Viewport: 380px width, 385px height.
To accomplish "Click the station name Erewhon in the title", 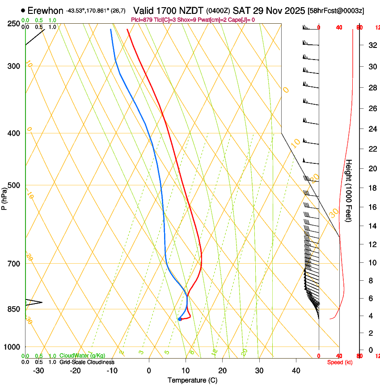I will [x=46, y=10].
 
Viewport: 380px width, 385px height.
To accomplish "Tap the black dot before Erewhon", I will [x=23, y=10].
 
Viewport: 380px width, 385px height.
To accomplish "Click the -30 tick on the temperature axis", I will [x=38, y=371].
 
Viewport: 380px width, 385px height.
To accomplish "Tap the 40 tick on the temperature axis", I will [x=296, y=371].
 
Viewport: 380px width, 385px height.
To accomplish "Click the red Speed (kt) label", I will [x=340, y=362].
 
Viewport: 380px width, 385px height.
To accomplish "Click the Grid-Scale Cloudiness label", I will [x=87, y=362].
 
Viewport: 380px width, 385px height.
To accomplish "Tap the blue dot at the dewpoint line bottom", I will [x=180, y=319].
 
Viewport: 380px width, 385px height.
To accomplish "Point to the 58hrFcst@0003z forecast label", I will [x=336, y=11].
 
